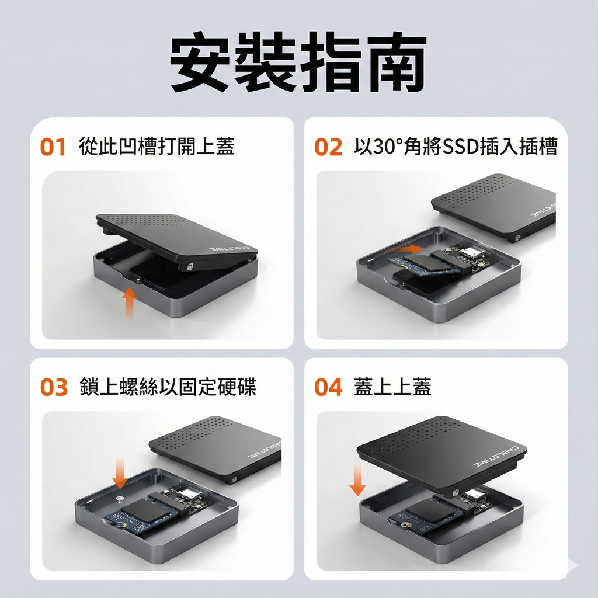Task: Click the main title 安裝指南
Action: [x=298, y=62]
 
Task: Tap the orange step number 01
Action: [x=53, y=147]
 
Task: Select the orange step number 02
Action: [x=328, y=147]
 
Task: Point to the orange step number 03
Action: [x=54, y=387]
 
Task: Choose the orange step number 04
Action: [x=328, y=387]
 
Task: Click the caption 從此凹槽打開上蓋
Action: [x=157, y=147]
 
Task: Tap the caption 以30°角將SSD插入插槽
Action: [x=456, y=147]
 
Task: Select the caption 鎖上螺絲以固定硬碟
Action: [x=168, y=387]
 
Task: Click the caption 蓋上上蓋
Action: [x=392, y=387]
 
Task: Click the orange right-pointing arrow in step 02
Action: [x=407, y=249]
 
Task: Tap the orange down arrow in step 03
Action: [x=120, y=473]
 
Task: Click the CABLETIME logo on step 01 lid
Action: [x=228, y=249]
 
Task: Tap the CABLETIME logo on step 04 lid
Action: [x=496, y=456]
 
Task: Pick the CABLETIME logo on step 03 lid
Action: [x=265, y=449]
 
